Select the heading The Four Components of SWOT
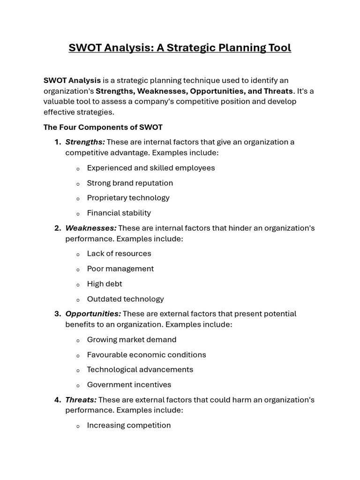(103, 127)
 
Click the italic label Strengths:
(85, 142)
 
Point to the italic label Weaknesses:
(90, 228)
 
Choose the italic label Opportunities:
(93, 314)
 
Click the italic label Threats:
(81, 400)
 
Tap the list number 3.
(57, 314)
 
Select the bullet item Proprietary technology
(128, 198)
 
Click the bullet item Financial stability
(119, 213)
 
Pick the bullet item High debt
(104, 284)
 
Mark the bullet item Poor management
(120, 269)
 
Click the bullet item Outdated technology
(125, 299)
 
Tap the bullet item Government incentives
(129, 385)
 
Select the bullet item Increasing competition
(128, 425)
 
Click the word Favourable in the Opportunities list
(107, 355)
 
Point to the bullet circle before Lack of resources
(78, 255)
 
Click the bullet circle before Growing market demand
(78, 340)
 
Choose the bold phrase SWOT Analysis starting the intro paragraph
(72, 81)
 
